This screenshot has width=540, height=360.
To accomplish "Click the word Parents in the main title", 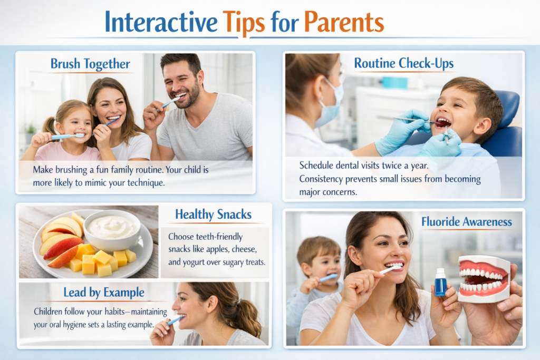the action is (x=344, y=22).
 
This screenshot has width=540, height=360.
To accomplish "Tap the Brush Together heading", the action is (x=90, y=64).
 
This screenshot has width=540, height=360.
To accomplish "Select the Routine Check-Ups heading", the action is (x=403, y=63).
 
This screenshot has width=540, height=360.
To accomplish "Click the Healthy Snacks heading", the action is (x=213, y=215).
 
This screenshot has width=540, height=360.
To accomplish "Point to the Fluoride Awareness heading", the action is (x=467, y=222).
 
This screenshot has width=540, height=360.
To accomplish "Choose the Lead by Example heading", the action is (x=104, y=293).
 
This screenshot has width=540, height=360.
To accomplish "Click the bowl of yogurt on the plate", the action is (x=112, y=229).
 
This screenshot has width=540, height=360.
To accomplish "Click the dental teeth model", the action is (x=484, y=279).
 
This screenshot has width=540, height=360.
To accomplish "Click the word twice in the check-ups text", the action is (x=392, y=166).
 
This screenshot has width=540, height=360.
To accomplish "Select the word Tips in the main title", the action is (x=244, y=23).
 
